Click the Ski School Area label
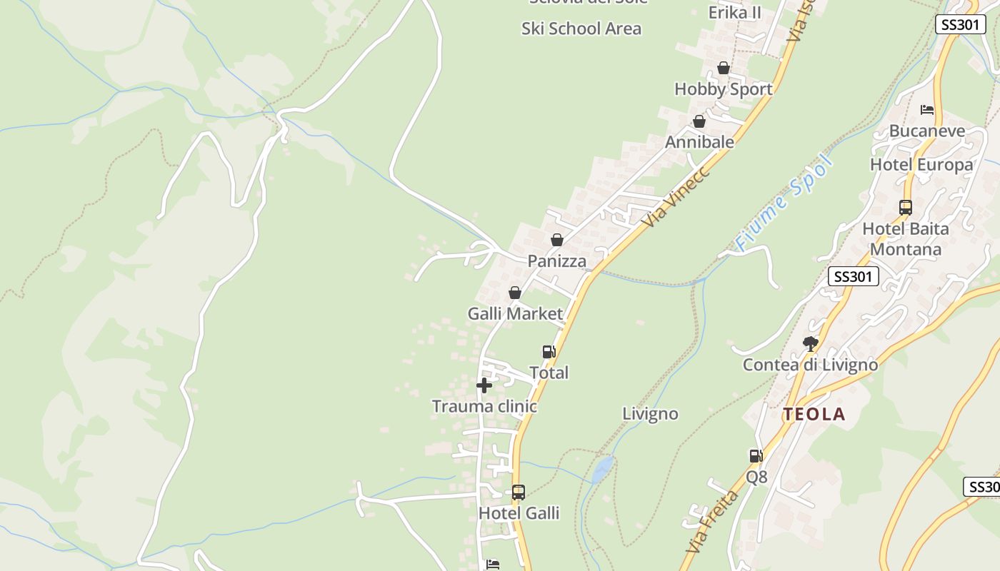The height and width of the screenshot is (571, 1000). (x=581, y=29)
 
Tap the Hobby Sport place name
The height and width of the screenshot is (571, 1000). (x=724, y=89)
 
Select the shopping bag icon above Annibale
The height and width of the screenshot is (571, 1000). (x=699, y=122)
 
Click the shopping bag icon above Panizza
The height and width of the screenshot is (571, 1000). (x=557, y=240)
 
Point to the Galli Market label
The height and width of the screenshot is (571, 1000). (x=515, y=313)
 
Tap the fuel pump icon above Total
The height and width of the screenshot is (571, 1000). (x=549, y=352)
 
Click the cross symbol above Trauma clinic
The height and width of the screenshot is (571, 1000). (x=484, y=386)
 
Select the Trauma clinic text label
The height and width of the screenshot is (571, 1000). (x=484, y=406)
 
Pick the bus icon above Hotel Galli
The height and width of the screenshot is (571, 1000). (x=519, y=492)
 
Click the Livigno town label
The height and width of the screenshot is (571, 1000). (x=650, y=414)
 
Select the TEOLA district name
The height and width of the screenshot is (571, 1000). (x=814, y=414)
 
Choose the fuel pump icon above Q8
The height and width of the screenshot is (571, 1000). (x=756, y=456)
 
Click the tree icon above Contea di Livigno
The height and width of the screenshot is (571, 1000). (x=810, y=344)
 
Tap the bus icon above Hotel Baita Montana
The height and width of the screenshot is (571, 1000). (x=906, y=208)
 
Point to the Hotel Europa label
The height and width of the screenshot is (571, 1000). (x=921, y=165)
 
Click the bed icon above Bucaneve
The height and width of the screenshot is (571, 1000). (x=927, y=110)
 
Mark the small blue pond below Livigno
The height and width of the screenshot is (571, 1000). (x=603, y=469)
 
